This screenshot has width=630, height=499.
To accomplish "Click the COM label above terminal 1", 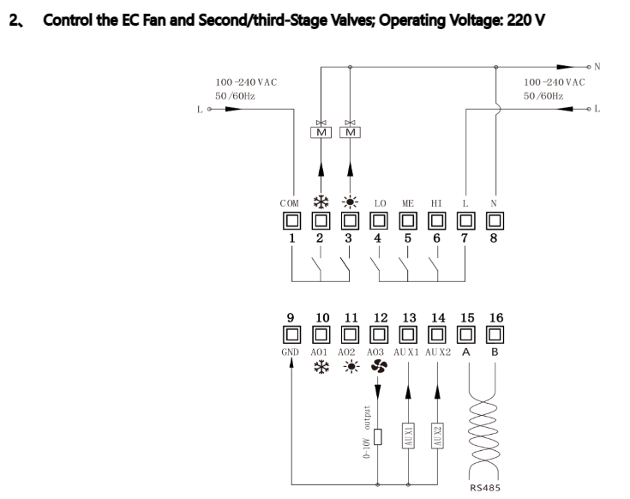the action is pyautogui.click(x=290, y=203).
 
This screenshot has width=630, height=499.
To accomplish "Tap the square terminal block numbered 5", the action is pyautogui.click(x=408, y=221).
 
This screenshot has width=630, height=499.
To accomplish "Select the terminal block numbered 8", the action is pyautogui.click(x=495, y=221).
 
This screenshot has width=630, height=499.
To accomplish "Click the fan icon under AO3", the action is pyautogui.click(x=379, y=366).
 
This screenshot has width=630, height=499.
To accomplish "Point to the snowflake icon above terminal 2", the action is pyautogui.click(x=321, y=202).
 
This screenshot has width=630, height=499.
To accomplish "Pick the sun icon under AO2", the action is pyautogui.click(x=351, y=367).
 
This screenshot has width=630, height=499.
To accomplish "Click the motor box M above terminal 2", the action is pyautogui.click(x=321, y=132).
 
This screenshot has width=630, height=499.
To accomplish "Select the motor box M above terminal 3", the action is pyautogui.click(x=350, y=132).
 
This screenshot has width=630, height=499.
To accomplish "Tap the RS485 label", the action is pyautogui.click(x=485, y=488).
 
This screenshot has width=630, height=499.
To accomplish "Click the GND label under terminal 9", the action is pyautogui.click(x=290, y=352).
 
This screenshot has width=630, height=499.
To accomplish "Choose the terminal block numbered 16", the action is pyautogui.click(x=495, y=334).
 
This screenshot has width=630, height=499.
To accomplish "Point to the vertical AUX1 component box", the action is pyautogui.click(x=408, y=436).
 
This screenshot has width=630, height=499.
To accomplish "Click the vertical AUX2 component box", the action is pyautogui.click(x=437, y=436).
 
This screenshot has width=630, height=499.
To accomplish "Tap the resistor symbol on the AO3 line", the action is pyautogui.click(x=378, y=436).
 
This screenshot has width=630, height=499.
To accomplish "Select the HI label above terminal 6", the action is pyautogui.click(x=436, y=203).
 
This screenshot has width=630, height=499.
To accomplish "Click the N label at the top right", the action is pyautogui.click(x=597, y=67).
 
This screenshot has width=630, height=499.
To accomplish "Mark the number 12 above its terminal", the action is pyautogui.click(x=381, y=318).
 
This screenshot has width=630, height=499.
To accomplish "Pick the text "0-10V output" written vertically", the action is pyautogui.click(x=367, y=432).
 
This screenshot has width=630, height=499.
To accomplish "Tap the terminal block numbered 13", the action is pyautogui.click(x=408, y=334).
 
